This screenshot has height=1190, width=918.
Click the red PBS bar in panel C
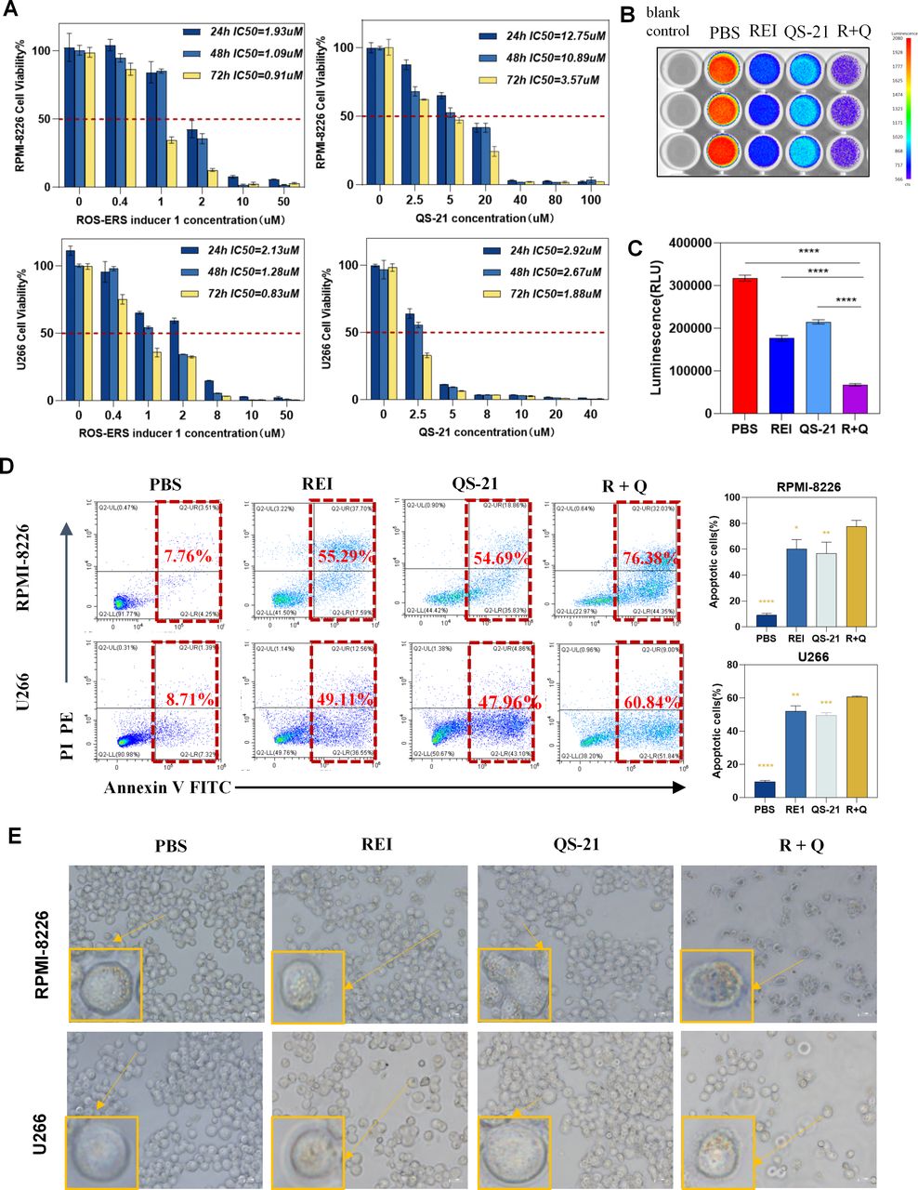pos(744,345)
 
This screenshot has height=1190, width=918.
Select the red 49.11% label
pos(343,698)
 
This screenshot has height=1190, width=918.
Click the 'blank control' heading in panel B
pos(667,22)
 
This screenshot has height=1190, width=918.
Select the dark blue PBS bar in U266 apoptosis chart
pos(764,789)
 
